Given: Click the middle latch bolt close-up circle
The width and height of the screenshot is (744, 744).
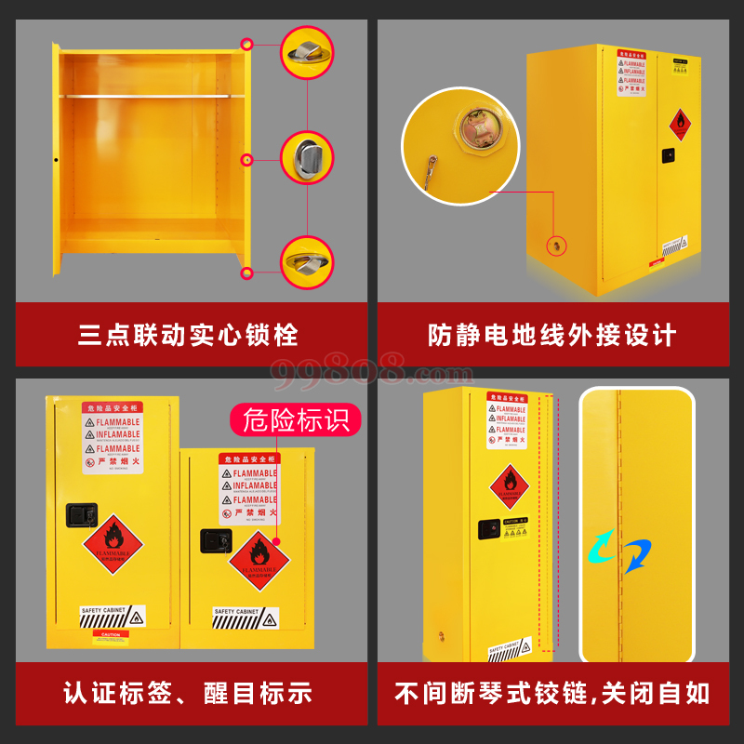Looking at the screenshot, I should pos(307,158).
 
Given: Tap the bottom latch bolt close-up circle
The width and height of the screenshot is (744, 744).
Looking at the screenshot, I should pos(307,261).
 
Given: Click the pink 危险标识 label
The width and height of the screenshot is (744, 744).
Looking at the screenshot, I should pos(296,419).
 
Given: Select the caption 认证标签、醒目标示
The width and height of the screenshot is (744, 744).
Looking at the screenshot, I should pos(188,693).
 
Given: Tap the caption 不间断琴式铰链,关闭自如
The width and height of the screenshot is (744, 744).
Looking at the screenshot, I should pos(552,693).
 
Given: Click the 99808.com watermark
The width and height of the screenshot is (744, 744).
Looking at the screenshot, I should pos(372,371).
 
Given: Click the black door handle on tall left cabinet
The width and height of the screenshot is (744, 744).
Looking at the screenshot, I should pos(75,513).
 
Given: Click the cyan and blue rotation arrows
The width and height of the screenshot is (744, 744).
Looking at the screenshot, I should pos(618,551).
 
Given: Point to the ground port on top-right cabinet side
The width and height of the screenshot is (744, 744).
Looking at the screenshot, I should pos(556,245).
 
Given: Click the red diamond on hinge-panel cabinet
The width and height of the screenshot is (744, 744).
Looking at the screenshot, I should pos(508,485).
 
